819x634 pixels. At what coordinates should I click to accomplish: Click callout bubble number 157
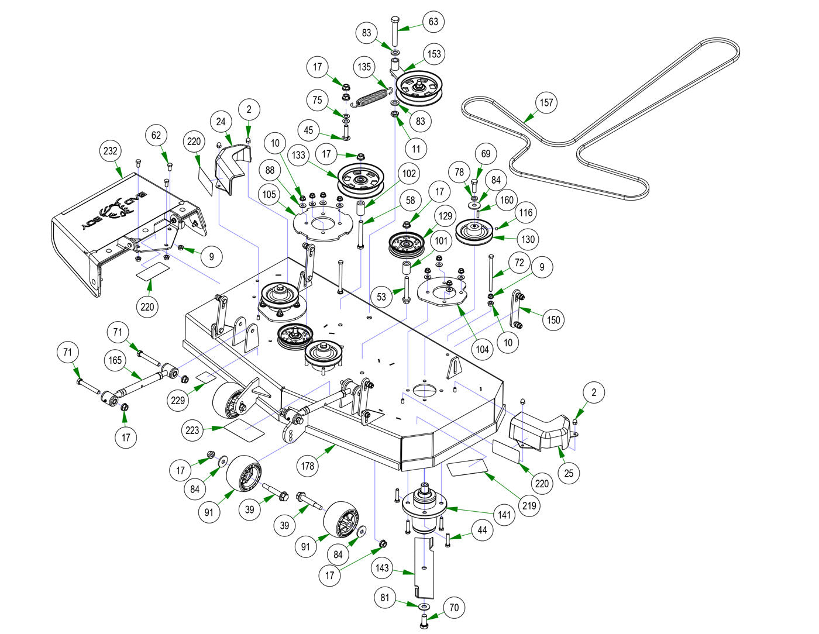(x=546, y=103)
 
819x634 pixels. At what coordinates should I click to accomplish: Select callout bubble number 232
(x=110, y=151)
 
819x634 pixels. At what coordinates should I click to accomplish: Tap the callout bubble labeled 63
(x=433, y=22)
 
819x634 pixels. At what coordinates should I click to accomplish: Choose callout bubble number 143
(x=383, y=568)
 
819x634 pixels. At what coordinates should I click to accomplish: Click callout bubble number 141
(x=504, y=515)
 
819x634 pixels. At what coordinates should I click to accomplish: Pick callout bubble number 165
(x=115, y=360)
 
